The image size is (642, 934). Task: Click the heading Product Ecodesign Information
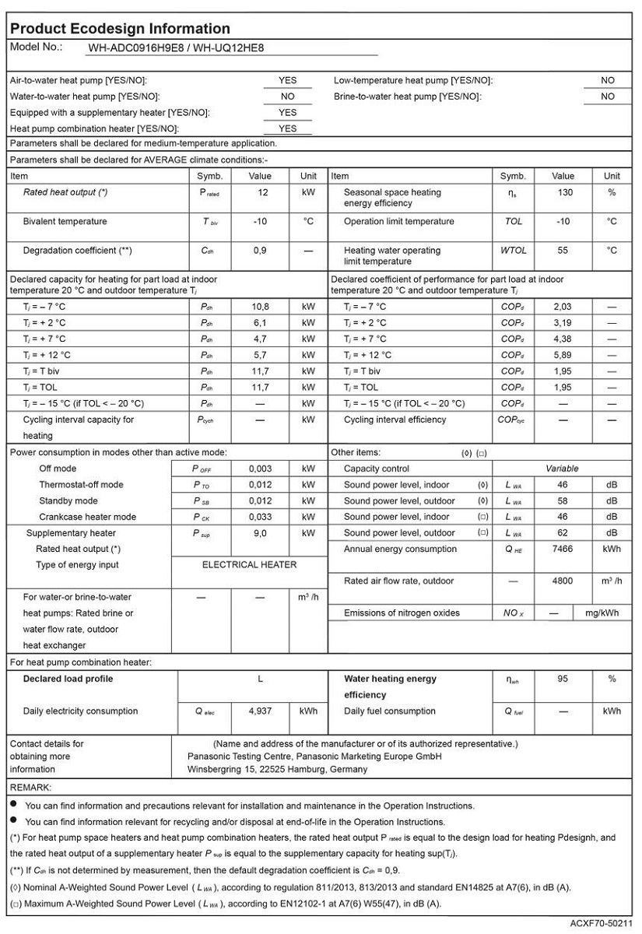[x=120, y=29]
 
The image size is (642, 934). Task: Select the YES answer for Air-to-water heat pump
[x=288, y=80]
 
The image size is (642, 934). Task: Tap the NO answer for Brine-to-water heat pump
[x=608, y=97]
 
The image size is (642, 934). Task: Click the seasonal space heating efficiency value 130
[x=565, y=192]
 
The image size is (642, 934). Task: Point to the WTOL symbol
[x=514, y=251]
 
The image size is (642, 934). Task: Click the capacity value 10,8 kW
[x=260, y=307]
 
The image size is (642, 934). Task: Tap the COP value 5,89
[x=563, y=355]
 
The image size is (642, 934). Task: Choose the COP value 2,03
[x=563, y=307]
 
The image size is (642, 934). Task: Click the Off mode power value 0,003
[x=260, y=469]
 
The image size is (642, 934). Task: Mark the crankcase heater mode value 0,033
[x=260, y=517]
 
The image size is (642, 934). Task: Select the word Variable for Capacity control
[x=562, y=469]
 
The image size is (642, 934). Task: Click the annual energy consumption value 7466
[x=563, y=549]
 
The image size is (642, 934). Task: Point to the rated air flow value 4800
[x=563, y=581]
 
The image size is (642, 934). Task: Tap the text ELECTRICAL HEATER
[x=249, y=564]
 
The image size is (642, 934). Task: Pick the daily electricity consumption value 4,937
[x=260, y=711]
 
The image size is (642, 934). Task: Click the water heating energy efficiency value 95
[x=563, y=679]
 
